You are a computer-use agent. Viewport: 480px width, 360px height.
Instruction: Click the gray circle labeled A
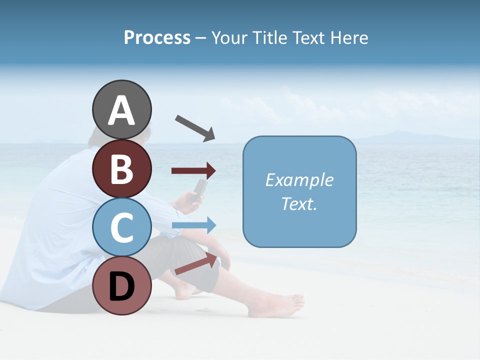click(121, 109)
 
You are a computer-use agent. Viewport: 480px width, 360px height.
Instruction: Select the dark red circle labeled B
click(121, 168)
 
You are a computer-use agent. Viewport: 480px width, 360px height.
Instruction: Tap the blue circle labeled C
click(121, 227)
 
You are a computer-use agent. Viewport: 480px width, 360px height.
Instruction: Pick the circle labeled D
click(121, 286)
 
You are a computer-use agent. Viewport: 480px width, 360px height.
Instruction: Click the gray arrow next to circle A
click(195, 128)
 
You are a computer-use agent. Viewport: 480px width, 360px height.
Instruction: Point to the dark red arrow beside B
click(193, 171)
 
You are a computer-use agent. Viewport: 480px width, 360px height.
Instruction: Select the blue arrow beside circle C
click(194, 225)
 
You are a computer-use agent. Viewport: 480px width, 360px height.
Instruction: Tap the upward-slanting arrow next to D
click(196, 263)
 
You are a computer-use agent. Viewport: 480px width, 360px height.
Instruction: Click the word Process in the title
click(157, 38)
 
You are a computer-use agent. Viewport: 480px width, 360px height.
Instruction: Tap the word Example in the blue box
click(299, 180)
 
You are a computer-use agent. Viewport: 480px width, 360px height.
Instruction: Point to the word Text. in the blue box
click(299, 203)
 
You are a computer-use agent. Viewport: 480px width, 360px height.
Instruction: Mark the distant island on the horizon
click(400, 136)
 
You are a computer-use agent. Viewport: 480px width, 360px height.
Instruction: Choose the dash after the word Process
click(200, 38)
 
